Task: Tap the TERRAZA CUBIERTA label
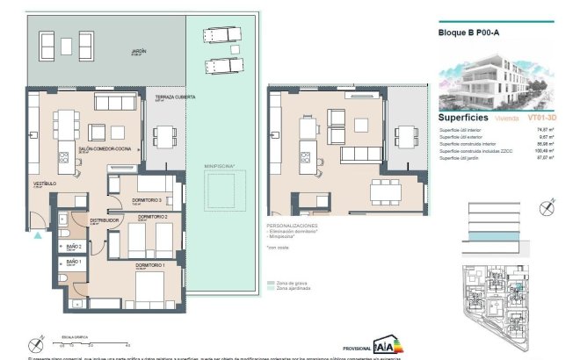[x=169, y=97]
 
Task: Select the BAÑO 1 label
[x=73, y=262]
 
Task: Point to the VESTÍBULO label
[x=45, y=184]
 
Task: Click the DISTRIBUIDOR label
[x=103, y=220]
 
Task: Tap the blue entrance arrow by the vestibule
[x=37, y=234]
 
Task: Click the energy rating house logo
[x=384, y=344]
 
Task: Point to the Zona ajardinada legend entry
[x=296, y=289]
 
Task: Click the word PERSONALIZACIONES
[x=294, y=226]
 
